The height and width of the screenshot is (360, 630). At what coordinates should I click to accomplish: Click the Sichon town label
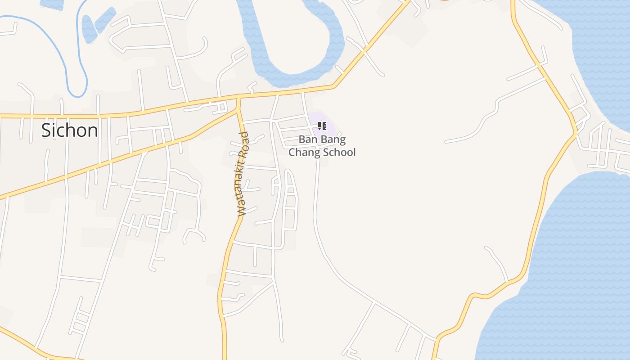[x=69, y=130]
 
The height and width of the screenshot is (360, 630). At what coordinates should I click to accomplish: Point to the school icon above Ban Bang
[x=322, y=126]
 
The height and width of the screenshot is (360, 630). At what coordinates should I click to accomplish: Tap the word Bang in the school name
[x=333, y=139]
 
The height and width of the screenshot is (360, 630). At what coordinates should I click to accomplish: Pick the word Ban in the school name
[x=308, y=139]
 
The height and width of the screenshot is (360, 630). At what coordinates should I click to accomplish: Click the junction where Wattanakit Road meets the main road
[x=238, y=97]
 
